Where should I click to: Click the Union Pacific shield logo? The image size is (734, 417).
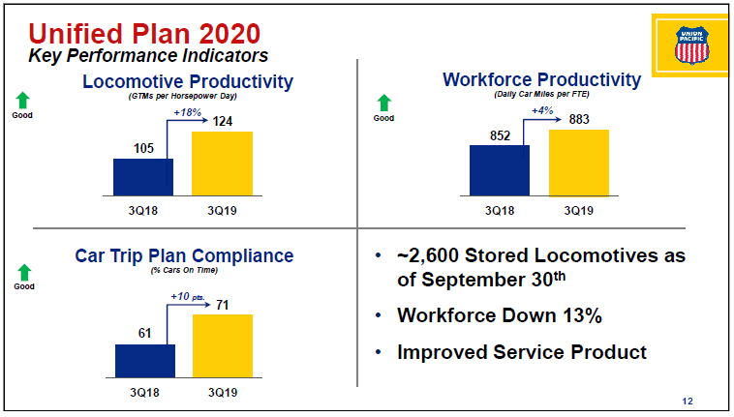tap(691, 45)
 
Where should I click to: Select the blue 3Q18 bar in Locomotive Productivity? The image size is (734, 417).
tap(143, 177)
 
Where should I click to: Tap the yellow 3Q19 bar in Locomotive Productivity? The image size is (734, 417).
tap(223, 164)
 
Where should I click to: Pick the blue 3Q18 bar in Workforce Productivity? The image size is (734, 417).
tap(500, 170)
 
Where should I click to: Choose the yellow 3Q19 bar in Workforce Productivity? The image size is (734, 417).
tap(579, 163)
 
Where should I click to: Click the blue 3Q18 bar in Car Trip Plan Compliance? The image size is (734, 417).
tap(145, 361)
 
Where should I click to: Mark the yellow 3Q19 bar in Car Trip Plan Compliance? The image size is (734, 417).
tap(223, 346)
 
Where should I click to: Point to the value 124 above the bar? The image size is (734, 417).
tap(223, 122)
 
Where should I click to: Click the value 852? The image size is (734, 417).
tap(500, 135)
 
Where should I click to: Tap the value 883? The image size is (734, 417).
tap(579, 119)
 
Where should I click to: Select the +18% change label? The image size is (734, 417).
tap(187, 112)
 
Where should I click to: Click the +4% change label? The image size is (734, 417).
tap(542, 110)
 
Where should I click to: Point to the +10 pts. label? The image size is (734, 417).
tap(188, 296)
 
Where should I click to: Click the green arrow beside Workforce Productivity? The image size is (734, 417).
tap(383, 103)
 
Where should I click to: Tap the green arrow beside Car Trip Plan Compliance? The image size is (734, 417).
tap(24, 273)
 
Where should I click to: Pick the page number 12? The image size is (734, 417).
tap(688, 402)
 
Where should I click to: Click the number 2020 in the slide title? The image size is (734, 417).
tap(229, 34)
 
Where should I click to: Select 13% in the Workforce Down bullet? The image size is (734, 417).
tap(582, 315)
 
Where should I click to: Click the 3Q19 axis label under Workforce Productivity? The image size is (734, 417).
tap(579, 211)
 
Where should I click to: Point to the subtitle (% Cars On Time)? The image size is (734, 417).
tap(184, 270)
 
